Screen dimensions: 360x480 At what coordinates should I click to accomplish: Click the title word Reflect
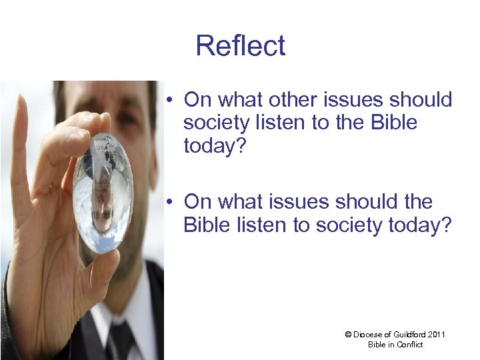tap(241, 46)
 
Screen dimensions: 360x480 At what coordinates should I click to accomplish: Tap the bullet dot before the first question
tap(171, 101)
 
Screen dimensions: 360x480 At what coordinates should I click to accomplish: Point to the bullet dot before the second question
tap(171, 202)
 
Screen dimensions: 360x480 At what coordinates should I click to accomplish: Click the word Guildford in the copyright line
tap(411, 334)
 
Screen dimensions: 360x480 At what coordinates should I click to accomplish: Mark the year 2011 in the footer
tap(437, 334)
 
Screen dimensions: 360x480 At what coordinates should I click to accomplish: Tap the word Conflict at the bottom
tap(410, 344)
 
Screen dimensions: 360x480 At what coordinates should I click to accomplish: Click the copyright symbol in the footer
tap(348, 334)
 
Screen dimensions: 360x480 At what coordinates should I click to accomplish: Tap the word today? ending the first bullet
tap(213, 145)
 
